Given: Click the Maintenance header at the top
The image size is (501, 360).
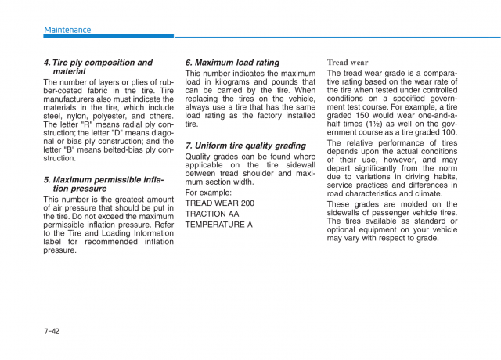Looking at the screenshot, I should point(67,30).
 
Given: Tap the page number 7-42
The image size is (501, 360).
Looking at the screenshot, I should point(52,331).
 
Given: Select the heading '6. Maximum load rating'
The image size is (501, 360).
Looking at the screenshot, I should point(232,63).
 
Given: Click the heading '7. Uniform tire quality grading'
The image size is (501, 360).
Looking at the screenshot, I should point(245,146).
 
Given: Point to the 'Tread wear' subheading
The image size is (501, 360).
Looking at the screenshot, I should point(348,63).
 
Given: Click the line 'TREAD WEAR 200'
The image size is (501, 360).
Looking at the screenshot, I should point(219,203).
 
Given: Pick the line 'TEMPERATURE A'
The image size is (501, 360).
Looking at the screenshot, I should point(218,225).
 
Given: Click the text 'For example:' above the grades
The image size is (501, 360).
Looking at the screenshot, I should point(208,193).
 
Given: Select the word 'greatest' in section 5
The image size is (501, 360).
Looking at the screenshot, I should point(128,200).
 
